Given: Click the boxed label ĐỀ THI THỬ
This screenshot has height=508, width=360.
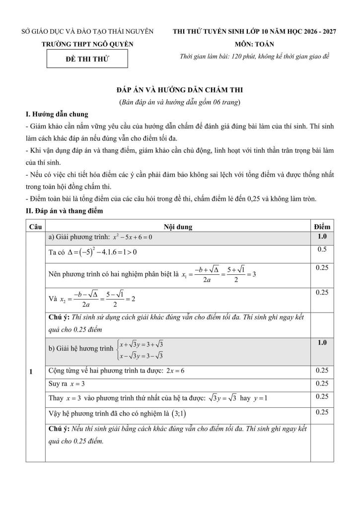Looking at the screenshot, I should pyautogui.click(x=87, y=59).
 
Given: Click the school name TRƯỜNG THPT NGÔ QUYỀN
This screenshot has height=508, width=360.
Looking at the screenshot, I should pyautogui.click(x=88, y=44).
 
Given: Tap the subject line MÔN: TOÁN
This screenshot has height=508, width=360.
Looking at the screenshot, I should pyautogui.click(x=254, y=44).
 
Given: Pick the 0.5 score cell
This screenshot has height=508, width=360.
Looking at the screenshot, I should pyautogui.click(x=322, y=250).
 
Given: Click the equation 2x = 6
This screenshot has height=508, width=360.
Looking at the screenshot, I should pyautogui.click(x=175, y=371).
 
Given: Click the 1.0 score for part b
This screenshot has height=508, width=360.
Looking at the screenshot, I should pyautogui.click(x=322, y=342).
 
